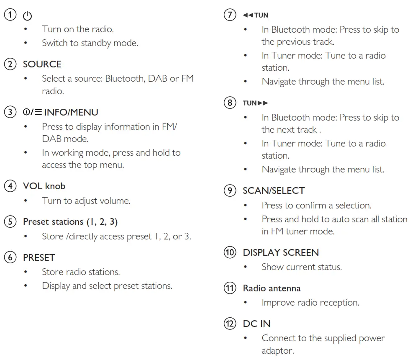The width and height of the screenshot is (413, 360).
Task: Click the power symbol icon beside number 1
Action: coord(27,16)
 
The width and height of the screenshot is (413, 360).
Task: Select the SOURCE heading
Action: coord(42,64)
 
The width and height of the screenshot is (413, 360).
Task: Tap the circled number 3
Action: coord(9,112)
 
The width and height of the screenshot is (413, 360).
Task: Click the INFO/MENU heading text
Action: coord(71,112)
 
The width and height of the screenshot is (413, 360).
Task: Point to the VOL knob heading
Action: coord(44,186)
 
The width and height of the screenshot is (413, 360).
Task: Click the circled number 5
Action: coord(9,221)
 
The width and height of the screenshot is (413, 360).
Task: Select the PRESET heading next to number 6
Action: coord(39,257)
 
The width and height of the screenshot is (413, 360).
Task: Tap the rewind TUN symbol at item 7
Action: coord(255,15)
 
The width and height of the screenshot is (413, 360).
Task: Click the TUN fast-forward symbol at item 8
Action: coord(255,103)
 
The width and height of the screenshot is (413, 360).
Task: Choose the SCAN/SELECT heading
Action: coord(273,190)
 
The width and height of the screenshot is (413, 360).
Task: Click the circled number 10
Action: coord(229,252)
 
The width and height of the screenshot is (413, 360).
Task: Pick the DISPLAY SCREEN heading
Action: coord(280,252)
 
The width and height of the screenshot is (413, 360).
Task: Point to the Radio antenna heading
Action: coord(272,288)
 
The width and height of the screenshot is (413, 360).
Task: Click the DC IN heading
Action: coord(257,324)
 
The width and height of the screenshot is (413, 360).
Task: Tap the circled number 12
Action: coord(229,324)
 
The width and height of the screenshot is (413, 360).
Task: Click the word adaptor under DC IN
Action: coord(278,350)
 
